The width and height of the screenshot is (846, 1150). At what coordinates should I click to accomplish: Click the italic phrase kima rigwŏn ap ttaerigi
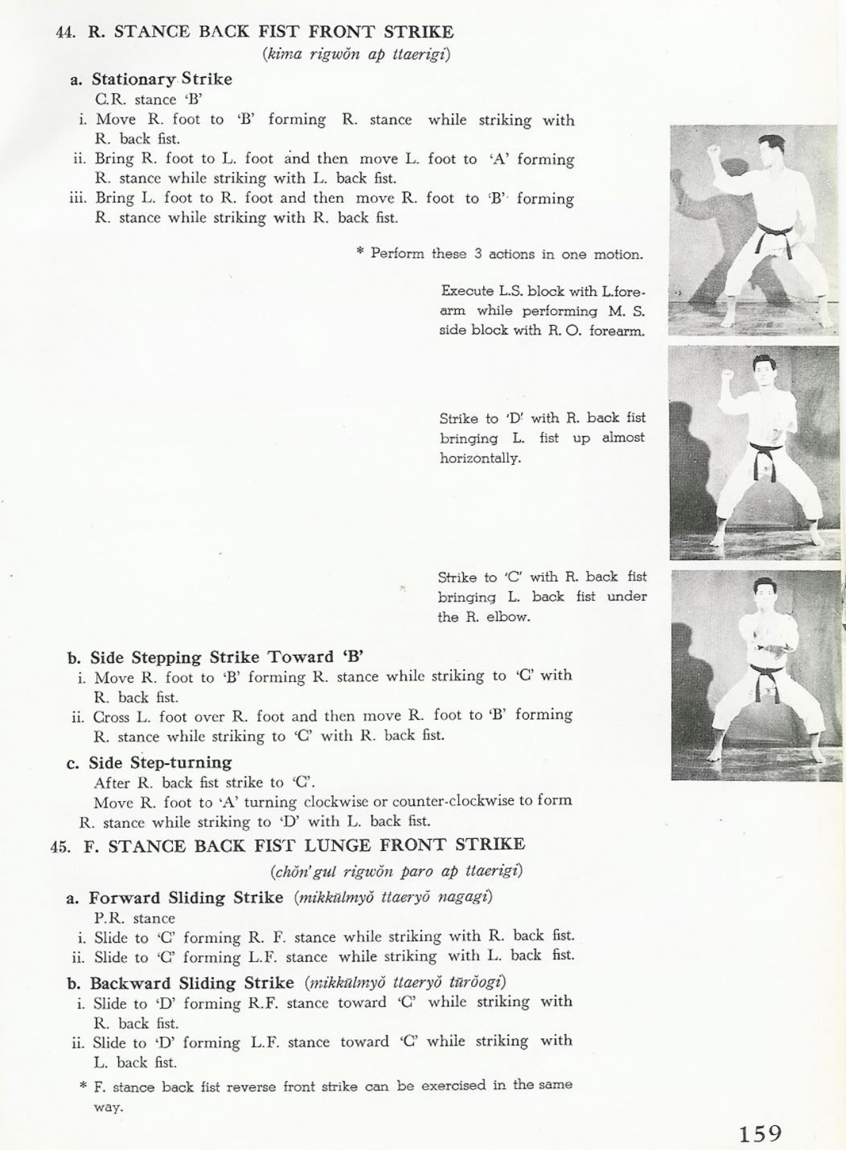tap(356, 55)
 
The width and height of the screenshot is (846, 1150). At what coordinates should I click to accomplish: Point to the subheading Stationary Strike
tap(161, 79)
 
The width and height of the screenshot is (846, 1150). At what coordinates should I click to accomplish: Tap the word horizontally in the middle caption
tap(480, 458)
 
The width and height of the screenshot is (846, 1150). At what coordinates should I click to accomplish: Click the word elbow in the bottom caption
tap(507, 617)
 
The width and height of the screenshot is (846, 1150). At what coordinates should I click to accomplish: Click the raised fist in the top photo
tap(716, 150)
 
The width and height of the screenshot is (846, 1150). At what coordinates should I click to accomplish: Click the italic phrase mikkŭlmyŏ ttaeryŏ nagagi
tap(393, 897)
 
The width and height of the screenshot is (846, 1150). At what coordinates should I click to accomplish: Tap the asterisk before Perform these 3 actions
tap(360, 253)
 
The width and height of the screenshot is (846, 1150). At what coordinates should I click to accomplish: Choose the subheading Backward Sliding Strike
tap(191, 983)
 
